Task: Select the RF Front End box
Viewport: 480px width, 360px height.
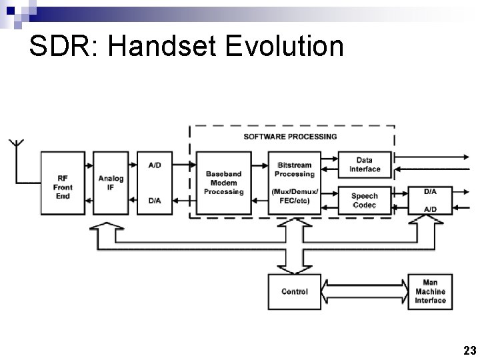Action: [x=63, y=183]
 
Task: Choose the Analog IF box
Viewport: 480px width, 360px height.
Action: [x=111, y=183]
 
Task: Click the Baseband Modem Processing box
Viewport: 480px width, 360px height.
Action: [x=224, y=183]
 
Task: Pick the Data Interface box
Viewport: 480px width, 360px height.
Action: [x=365, y=164]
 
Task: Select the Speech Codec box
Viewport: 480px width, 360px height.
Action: [x=365, y=200]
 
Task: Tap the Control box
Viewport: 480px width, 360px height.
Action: [x=295, y=291]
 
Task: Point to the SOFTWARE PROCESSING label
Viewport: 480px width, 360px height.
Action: [x=290, y=137]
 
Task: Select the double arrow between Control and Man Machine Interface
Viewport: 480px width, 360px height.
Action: [x=365, y=291]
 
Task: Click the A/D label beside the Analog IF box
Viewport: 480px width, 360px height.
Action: [x=154, y=165]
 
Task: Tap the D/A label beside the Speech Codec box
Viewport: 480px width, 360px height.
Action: [x=430, y=191]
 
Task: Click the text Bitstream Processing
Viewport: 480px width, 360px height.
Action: [x=294, y=169]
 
